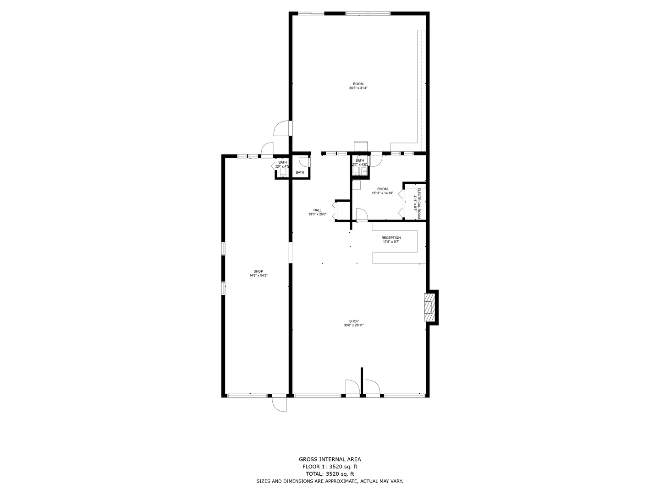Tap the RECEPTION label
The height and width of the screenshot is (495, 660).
[x=391, y=237]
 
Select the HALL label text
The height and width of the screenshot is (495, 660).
[x=317, y=210]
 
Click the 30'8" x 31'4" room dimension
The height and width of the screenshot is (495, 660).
[x=358, y=88]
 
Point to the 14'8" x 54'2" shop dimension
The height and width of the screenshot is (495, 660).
[x=258, y=275]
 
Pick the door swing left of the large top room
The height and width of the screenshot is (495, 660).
[x=281, y=129]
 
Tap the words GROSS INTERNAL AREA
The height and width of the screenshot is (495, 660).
[x=330, y=459]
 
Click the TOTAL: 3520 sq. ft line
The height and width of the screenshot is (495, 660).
[x=330, y=474]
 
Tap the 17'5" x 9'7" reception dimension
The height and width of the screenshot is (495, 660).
[x=391, y=242]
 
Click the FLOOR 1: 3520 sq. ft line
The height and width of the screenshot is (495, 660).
[x=330, y=467]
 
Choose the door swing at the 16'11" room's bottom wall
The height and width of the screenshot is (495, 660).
[x=361, y=214]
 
